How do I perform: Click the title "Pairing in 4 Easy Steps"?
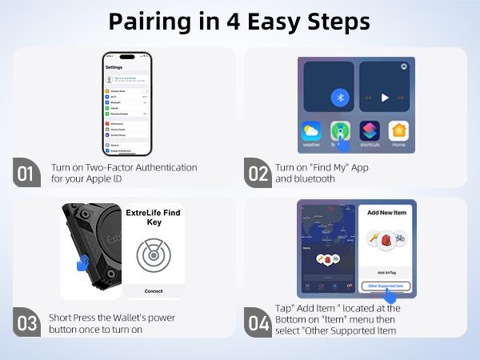coord(240,22)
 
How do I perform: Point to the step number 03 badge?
coord(27,323)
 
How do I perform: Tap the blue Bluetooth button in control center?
coord(339,98)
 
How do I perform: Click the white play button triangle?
coord(385,98)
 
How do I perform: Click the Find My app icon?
coord(340,131)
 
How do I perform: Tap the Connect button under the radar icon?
coord(153,291)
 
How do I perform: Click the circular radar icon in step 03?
coord(153,255)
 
